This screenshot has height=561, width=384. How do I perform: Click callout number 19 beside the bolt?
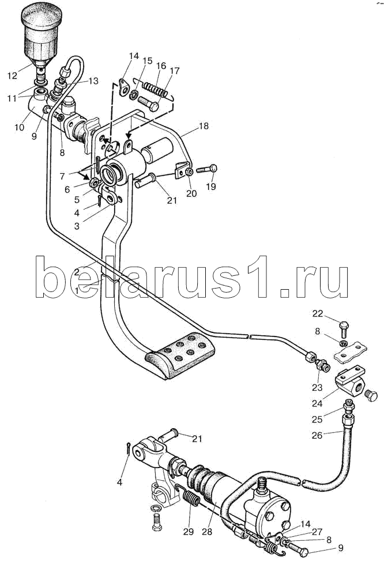click(x=212, y=188)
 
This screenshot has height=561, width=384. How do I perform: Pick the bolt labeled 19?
click(x=207, y=170)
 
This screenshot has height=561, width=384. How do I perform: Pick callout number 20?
click(x=191, y=193)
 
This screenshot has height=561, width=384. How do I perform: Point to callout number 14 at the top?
click(x=134, y=56)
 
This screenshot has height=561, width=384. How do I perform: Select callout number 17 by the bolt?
click(x=174, y=72)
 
